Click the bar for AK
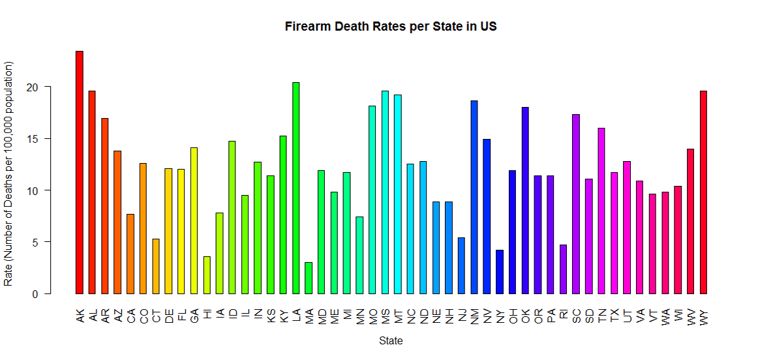point(80,172)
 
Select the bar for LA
point(296,188)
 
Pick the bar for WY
point(704,192)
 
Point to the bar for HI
point(207,275)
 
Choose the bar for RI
point(564,269)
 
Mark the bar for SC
point(576,204)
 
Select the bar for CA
point(130,254)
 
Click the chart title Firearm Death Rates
point(391,27)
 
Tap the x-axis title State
point(391,340)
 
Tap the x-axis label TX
point(614,316)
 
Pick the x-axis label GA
point(194,316)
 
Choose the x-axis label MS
point(386,316)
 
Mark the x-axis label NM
point(474,316)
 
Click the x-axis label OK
point(525,316)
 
